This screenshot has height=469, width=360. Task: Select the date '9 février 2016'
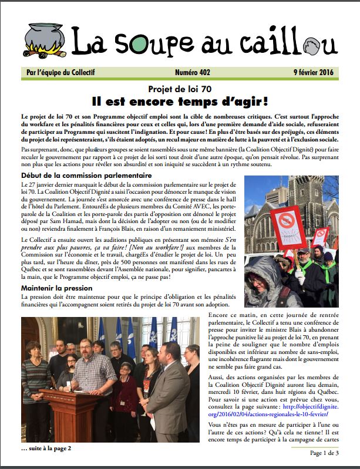[312, 72]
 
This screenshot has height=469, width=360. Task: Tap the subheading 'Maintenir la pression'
[56, 288]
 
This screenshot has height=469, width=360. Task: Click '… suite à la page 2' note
[46, 448]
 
